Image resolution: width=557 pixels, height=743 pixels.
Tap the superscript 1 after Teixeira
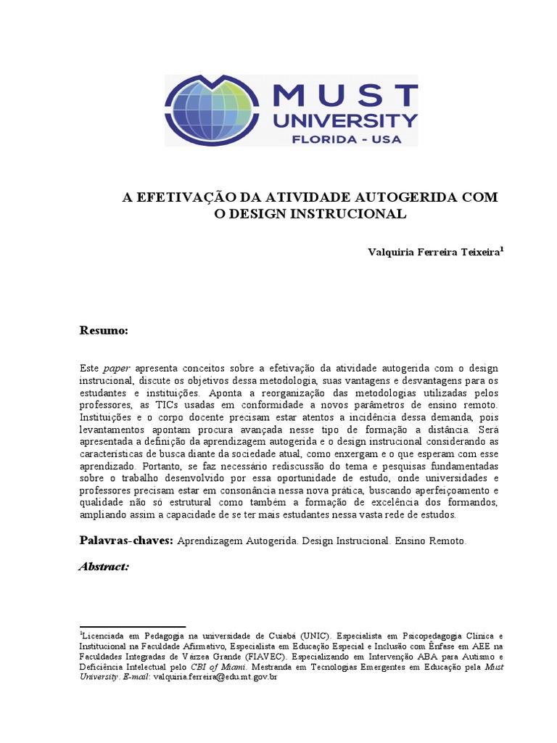tap(502, 248)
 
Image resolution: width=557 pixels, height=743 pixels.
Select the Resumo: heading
tap(104, 331)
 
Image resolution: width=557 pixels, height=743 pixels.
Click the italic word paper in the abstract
tap(117, 368)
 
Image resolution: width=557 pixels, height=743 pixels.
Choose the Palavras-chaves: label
tap(125, 541)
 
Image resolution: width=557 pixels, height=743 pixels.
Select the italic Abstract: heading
tap(104, 566)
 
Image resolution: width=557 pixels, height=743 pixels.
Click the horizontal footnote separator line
tap(132, 626)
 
